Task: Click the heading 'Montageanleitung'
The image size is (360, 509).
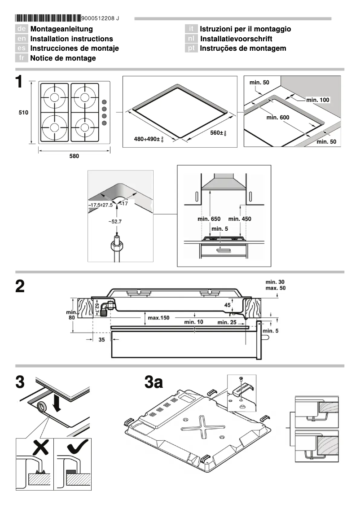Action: tap(61, 29)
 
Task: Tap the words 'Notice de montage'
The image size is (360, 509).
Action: tap(63, 58)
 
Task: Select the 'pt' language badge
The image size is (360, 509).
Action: tap(192, 48)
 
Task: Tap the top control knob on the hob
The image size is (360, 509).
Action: tap(104, 102)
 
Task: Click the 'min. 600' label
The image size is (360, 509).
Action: tap(278, 117)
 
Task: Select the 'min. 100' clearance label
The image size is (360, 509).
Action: tap(318, 99)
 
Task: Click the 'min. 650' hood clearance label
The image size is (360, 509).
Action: tap(209, 219)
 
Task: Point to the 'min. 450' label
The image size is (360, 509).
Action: tap(240, 219)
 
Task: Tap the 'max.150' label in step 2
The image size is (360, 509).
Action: tap(158, 318)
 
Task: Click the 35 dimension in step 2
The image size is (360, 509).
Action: tap(101, 340)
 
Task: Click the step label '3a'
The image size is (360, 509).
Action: tap(154, 383)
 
